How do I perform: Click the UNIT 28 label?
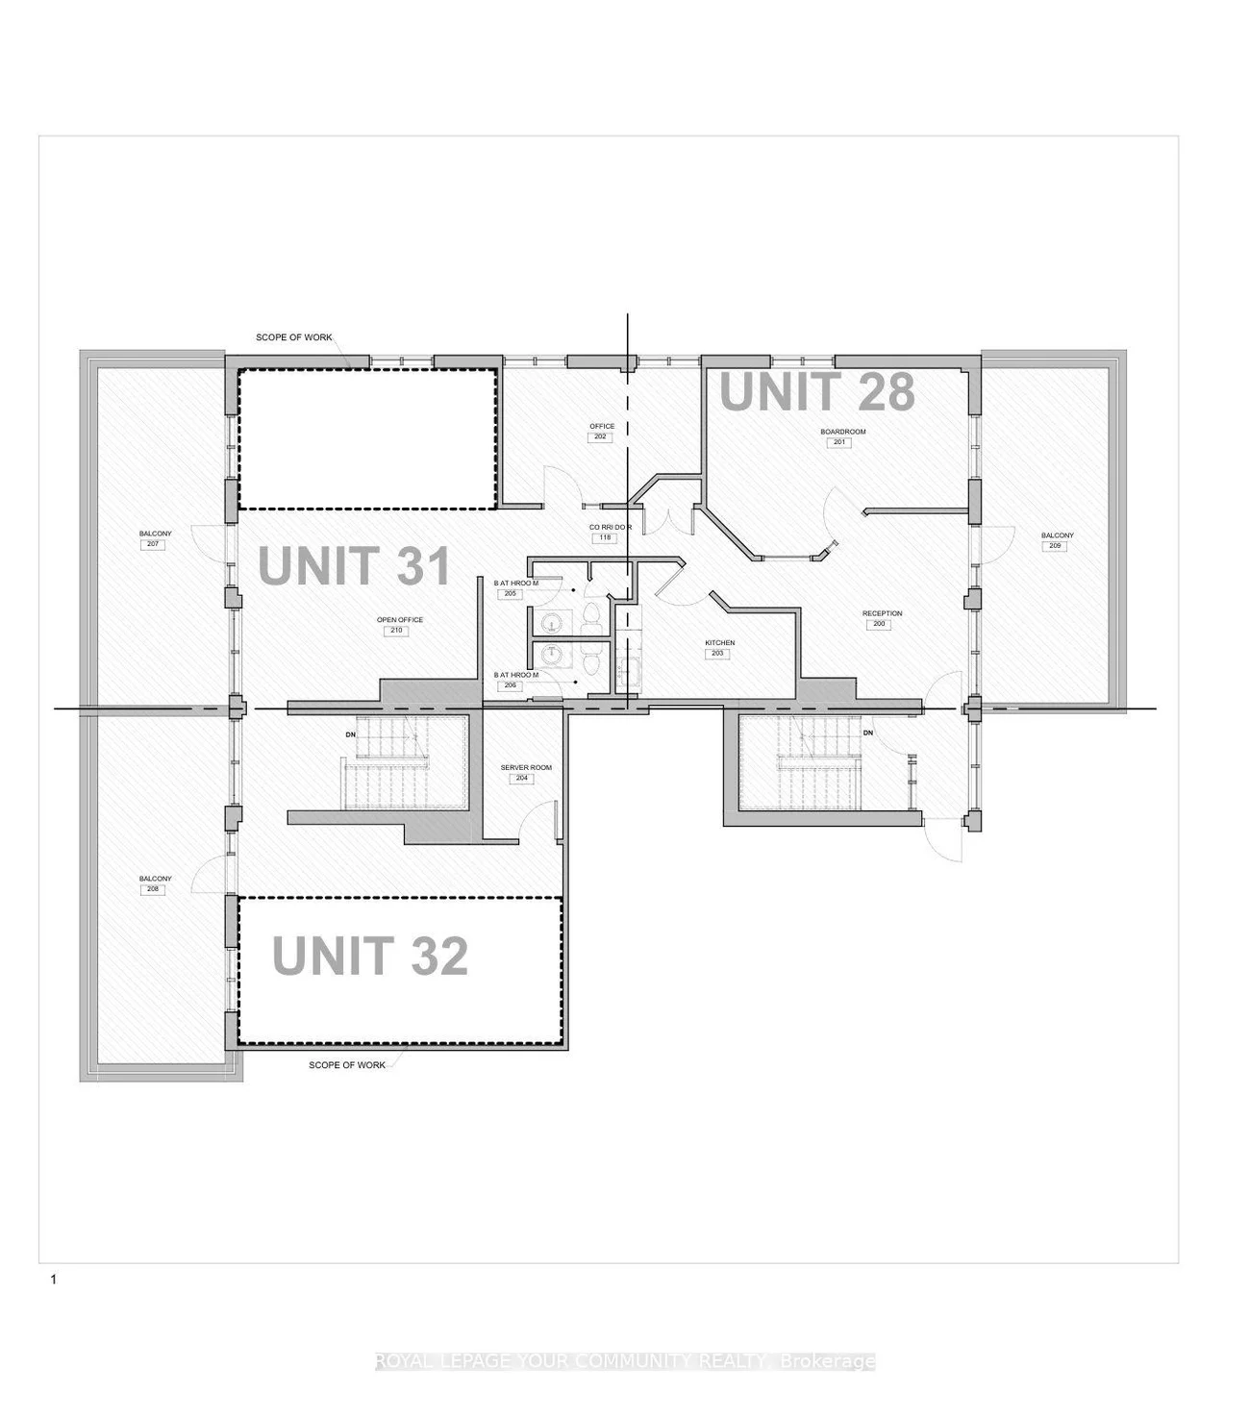[x=816, y=392]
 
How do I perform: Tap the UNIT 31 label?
[x=355, y=565]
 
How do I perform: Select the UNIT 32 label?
[x=370, y=956]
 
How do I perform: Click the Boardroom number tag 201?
[x=837, y=443]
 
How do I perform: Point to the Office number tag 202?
[x=600, y=437]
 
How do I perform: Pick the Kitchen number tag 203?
[x=717, y=654]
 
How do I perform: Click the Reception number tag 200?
[x=881, y=625]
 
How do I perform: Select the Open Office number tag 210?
[x=395, y=632]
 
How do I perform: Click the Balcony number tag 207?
[x=154, y=545]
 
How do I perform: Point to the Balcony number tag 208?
[x=154, y=890]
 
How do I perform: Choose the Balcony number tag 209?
[x=1056, y=547]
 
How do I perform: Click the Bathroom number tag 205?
[x=511, y=594]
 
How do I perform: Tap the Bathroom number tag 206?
[x=511, y=685]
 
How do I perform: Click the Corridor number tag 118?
[x=606, y=537]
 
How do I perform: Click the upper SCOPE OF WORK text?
[x=293, y=337]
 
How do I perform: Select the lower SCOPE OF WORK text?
[x=346, y=1065]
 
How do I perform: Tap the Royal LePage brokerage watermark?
[x=625, y=1361]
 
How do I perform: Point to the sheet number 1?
[x=54, y=1280]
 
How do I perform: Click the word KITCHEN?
[x=720, y=643]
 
